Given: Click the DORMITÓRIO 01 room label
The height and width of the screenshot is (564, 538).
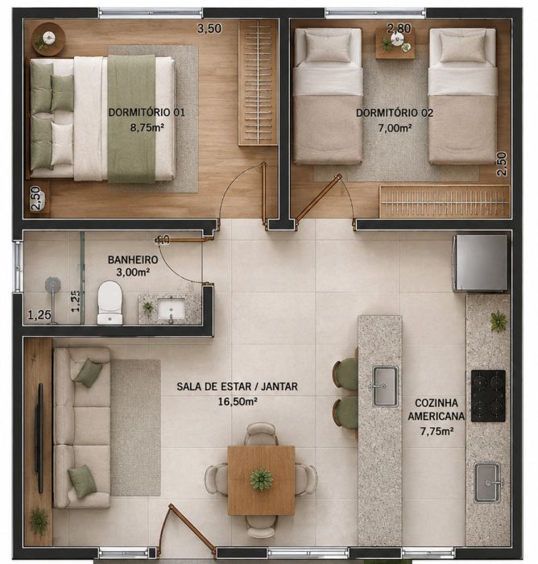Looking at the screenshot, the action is click(x=147, y=113).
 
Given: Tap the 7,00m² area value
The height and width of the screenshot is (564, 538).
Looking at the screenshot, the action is click(x=395, y=127).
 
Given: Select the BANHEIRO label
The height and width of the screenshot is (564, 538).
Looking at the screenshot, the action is click(x=133, y=259).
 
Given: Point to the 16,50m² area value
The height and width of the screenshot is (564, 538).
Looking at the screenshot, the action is click(x=238, y=401).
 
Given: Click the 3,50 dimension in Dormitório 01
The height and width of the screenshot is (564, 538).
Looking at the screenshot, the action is click(x=209, y=28).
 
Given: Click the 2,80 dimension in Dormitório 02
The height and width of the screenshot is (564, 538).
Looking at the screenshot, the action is click(x=399, y=28).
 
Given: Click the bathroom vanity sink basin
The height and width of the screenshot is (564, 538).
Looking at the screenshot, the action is click(x=172, y=309).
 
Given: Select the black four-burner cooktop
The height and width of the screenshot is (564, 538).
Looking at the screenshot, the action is click(x=488, y=396).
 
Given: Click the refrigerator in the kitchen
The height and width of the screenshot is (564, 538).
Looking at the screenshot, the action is click(x=481, y=263).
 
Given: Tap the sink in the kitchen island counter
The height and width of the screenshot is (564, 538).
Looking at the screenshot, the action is click(x=385, y=386).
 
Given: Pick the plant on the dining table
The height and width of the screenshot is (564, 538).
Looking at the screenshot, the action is click(x=262, y=479).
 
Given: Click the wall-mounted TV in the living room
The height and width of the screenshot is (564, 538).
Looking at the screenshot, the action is click(x=39, y=438).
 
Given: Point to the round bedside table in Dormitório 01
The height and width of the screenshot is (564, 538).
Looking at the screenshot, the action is click(x=48, y=39).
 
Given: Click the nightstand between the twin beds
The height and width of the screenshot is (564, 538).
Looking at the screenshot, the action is click(x=395, y=44).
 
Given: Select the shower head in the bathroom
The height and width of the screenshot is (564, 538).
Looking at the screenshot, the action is click(x=53, y=284).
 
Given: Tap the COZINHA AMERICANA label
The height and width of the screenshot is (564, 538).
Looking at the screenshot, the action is click(x=436, y=409).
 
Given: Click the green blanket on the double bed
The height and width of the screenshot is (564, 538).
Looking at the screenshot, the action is click(x=131, y=118).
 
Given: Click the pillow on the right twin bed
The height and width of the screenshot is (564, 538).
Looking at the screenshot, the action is click(x=463, y=48).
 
